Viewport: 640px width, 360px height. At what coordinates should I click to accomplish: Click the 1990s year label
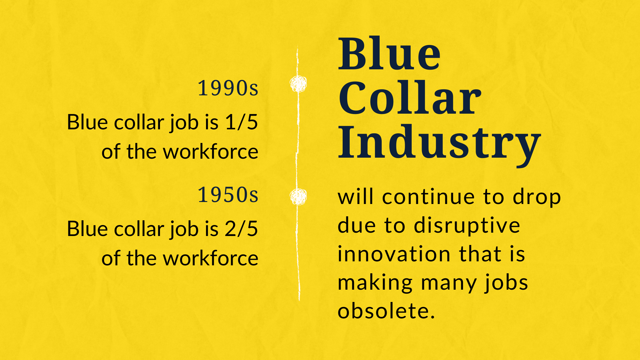click(x=228, y=88)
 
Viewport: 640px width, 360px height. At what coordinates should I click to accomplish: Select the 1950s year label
click(x=228, y=195)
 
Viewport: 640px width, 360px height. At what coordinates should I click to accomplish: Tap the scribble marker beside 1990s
click(x=298, y=84)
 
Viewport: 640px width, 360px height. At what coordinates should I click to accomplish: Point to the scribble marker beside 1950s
click(x=298, y=196)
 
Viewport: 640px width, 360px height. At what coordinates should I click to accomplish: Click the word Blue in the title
click(x=389, y=54)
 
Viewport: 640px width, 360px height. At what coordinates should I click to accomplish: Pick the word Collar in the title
click(x=410, y=98)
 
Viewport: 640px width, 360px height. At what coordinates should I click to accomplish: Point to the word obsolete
click(x=386, y=311)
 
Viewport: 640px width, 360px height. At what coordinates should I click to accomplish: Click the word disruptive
click(x=467, y=226)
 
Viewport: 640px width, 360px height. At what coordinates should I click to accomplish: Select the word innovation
click(x=394, y=254)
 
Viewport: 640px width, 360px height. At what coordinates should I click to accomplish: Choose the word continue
click(x=428, y=197)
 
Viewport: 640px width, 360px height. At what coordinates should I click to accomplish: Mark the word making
click(x=375, y=283)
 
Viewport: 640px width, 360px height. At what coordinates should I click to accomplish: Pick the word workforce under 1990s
click(x=211, y=152)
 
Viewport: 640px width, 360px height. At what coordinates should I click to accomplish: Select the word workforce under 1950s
click(x=211, y=259)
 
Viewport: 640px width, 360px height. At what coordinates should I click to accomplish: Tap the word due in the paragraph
click(x=356, y=226)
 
